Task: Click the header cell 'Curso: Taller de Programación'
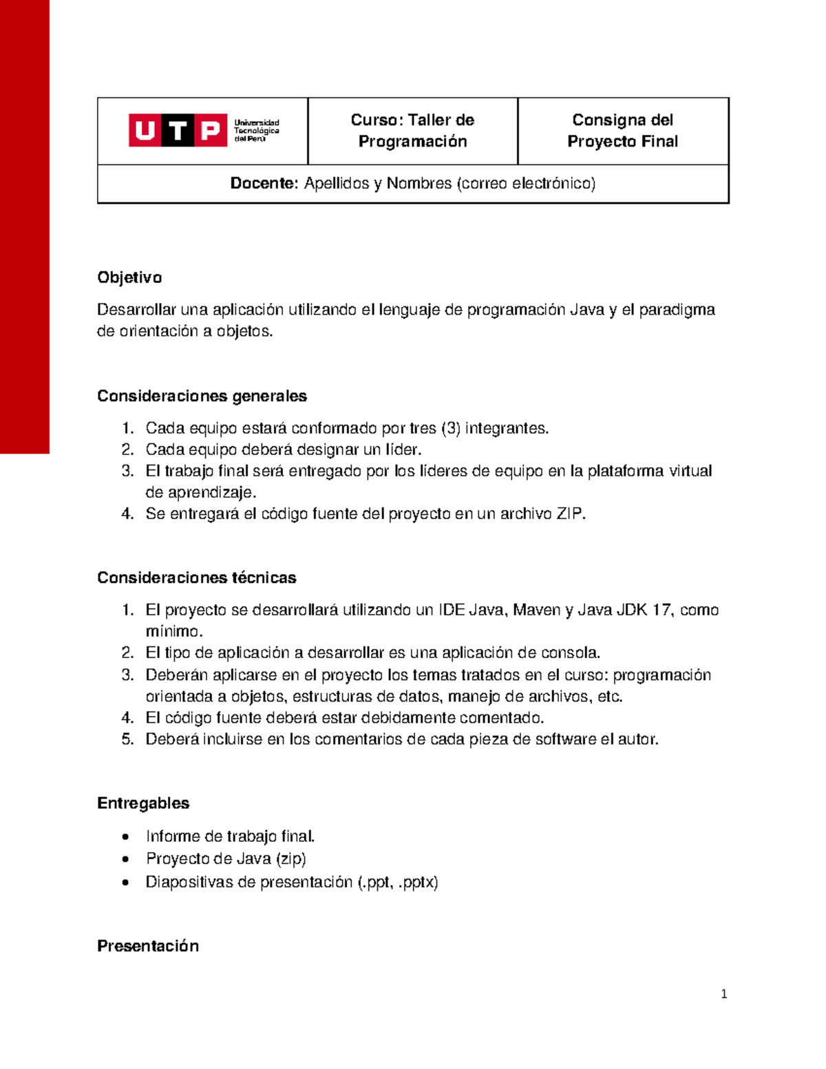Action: click(x=412, y=131)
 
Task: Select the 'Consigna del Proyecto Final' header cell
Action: click(x=622, y=131)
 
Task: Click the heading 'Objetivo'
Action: click(x=129, y=277)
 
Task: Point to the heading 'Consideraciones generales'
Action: click(x=202, y=396)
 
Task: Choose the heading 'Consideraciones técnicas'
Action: click(x=196, y=578)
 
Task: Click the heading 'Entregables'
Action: click(x=143, y=803)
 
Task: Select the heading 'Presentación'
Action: click(x=148, y=946)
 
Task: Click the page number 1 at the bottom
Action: click(x=723, y=994)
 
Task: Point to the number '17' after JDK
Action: click(x=661, y=610)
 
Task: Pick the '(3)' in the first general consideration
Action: click(x=451, y=428)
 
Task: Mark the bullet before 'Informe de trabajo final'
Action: click(x=125, y=837)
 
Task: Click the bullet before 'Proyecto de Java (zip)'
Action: click(x=125, y=859)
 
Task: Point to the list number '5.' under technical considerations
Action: click(x=127, y=739)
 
